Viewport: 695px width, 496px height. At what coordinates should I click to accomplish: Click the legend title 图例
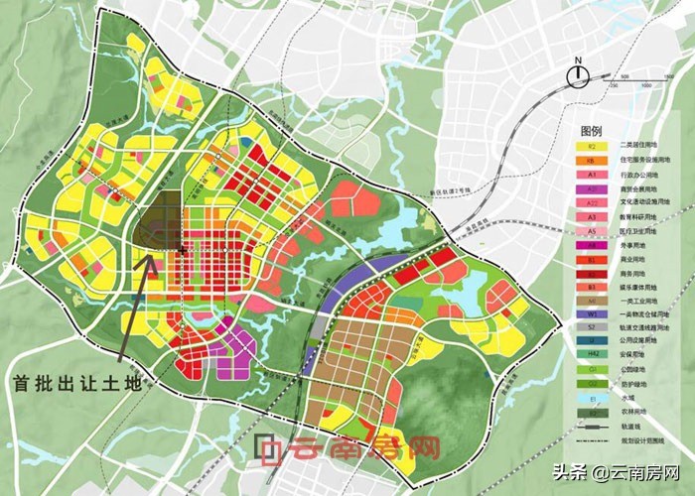(592, 131)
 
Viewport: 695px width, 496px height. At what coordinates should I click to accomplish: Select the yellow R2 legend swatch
(591, 147)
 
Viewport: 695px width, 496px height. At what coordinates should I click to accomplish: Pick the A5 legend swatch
(591, 230)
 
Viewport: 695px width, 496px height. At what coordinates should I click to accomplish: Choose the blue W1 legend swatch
(591, 314)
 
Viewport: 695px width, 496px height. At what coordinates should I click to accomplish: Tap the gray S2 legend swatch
(591, 328)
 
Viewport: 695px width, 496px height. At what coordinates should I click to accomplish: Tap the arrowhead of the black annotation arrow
(150, 258)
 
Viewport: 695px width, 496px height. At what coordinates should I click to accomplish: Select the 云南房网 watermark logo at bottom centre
(347, 449)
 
